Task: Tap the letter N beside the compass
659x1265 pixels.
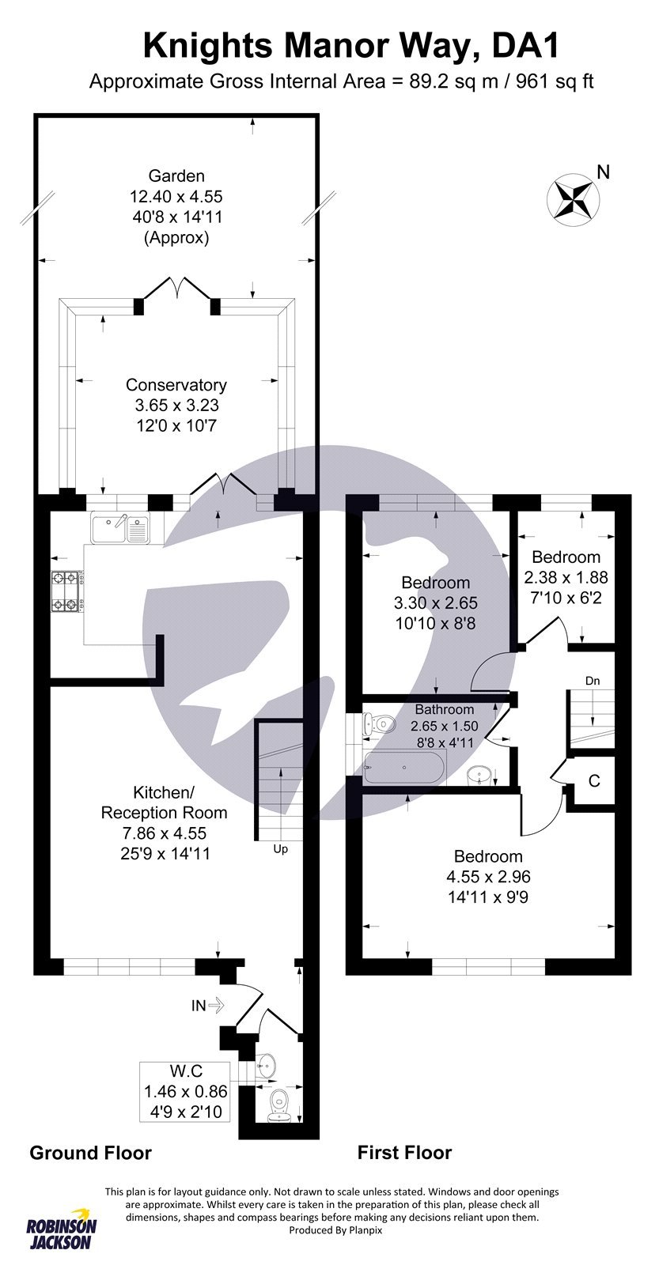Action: (603, 172)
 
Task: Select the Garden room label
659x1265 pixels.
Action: (176, 176)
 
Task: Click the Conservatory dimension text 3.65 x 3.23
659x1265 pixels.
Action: (176, 406)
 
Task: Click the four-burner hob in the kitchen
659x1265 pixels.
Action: (66, 591)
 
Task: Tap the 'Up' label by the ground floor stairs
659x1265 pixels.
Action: (280, 849)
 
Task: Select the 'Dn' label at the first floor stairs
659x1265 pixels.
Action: (593, 680)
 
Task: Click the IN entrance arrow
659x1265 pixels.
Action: (208, 1006)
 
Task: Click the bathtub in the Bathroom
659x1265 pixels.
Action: (404, 768)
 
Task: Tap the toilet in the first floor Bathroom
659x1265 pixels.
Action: (381, 723)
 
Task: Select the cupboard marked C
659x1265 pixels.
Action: (593, 781)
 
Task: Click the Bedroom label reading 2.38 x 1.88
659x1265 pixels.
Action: (566, 577)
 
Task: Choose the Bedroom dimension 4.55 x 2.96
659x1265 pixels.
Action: (488, 877)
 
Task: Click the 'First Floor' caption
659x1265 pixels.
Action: (404, 1153)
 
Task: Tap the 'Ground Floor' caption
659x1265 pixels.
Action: (90, 1153)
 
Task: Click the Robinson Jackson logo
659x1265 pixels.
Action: (62, 1228)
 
